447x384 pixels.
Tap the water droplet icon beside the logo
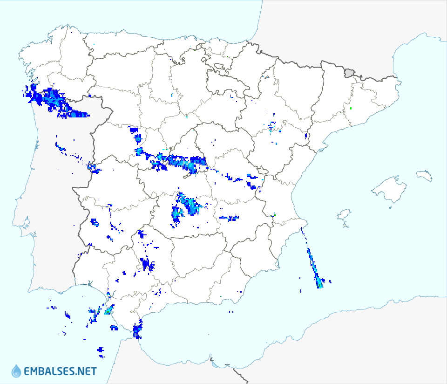point(16,371)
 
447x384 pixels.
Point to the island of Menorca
point(424,176)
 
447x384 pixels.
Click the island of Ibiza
point(344,215)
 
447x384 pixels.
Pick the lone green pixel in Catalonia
point(351,109)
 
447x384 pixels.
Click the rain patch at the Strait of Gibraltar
point(137,330)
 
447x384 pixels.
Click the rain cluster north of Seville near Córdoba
point(148,265)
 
